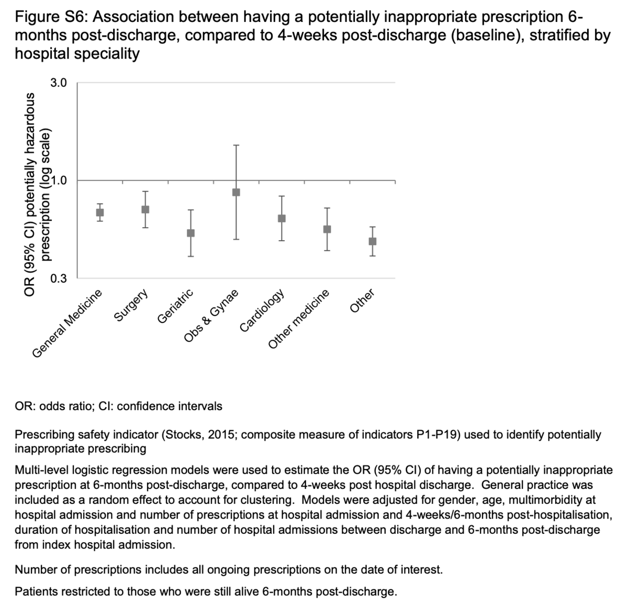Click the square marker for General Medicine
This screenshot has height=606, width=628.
pyautogui.click(x=99, y=212)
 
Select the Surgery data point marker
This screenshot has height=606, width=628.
pyautogui.click(x=145, y=209)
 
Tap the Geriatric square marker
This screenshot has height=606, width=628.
pyautogui.click(x=190, y=233)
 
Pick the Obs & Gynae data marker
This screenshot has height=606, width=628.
pyautogui.click(x=236, y=192)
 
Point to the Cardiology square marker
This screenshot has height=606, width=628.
pyautogui.click(x=282, y=218)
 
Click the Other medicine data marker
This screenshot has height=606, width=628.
pyautogui.click(x=327, y=229)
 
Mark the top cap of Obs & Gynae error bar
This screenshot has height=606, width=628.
pyautogui.click(x=236, y=145)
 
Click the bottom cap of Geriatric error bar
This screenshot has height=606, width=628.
pyautogui.click(x=190, y=256)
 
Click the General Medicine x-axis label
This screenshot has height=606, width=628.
pyautogui.click(x=68, y=323)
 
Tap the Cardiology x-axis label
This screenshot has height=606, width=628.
pyautogui.click(x=262, y=310)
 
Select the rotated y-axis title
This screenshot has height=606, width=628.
pyautogui.click(x=39, y=194)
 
